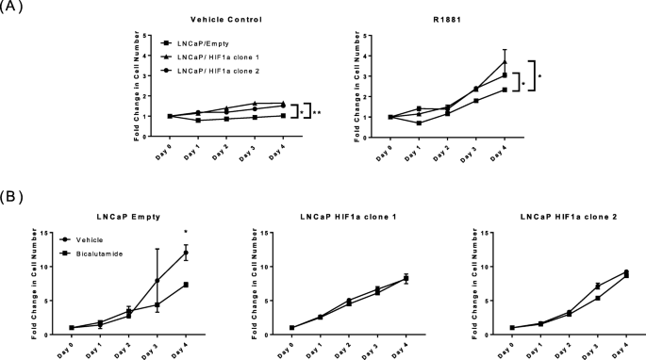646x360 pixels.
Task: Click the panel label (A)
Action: tap(13, 8)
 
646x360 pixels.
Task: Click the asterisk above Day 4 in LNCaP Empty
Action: tap(187, 231)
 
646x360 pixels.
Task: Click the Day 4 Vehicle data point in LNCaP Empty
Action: tap(187, 253)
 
